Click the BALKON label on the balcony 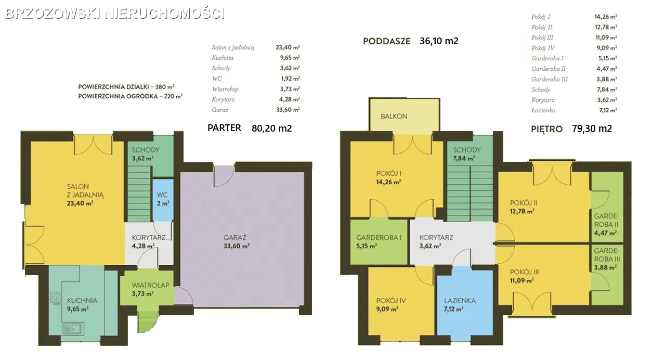(x=394, y=117)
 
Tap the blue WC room (x=163, y=200)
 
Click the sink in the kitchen (x=73, y=329)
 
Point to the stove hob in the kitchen (x=55, y=298)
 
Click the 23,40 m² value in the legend (x=288, y=47)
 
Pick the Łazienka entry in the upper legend (x=543, y=110)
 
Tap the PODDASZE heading (x=386, y=42)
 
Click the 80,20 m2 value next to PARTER (x=271, y=128)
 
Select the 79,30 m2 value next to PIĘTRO (x=592, y=128)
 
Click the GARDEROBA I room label (x=379, y=238)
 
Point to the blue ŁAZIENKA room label (x=460, y=301)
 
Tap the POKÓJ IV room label (x=390, y=301)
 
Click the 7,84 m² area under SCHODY (x=464, y=159)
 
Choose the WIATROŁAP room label (x=150, y=285)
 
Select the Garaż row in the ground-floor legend (x=256, y=110)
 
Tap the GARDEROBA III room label (x=607, y=255)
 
